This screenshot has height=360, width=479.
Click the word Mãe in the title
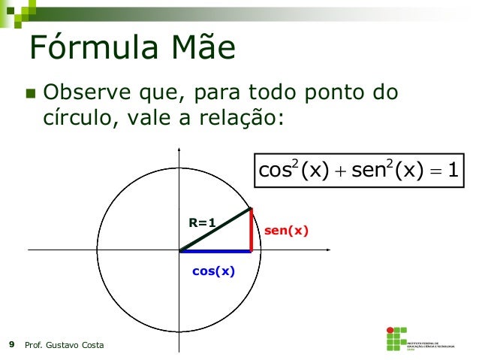(199, 50)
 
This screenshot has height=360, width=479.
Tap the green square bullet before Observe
(31, 95)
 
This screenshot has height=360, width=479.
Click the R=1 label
(202, 222)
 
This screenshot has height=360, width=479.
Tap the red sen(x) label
(286, 231)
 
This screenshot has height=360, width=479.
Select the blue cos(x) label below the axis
(213, 271)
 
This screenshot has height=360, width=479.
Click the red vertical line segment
(251, 229)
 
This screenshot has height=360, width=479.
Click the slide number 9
(11, 345)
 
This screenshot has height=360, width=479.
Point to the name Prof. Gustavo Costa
(65, 345)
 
